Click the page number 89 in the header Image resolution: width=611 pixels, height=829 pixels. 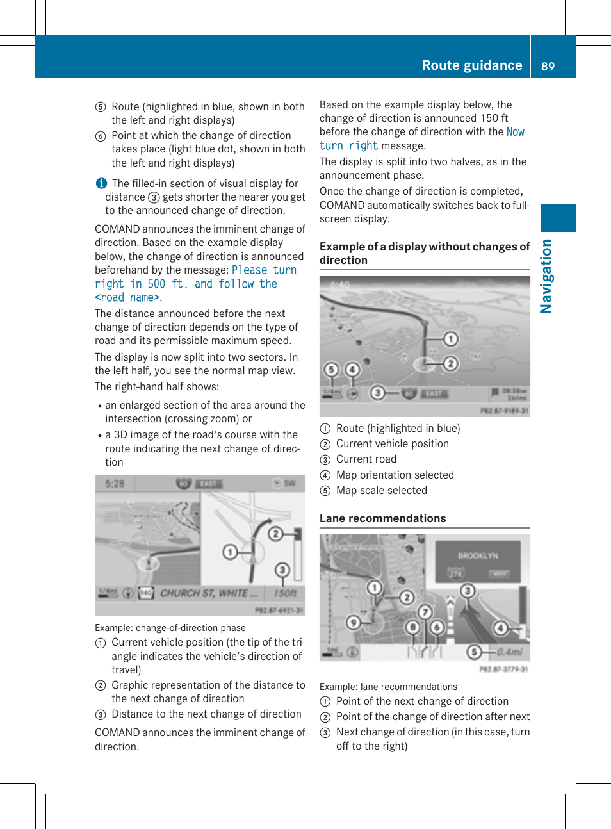548,66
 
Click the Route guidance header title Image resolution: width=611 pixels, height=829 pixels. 471,65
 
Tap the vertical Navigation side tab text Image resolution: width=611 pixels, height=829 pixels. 546,276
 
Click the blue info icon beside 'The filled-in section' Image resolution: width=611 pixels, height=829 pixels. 101,183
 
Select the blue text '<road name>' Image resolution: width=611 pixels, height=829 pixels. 127,298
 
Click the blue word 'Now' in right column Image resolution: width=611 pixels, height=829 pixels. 515,132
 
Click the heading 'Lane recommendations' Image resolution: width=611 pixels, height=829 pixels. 382,518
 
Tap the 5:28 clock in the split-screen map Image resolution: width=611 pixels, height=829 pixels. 115,484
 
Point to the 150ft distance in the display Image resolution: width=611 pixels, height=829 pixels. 285,593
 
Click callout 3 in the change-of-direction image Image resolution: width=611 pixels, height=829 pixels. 282,570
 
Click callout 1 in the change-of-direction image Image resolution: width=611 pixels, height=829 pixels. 230,552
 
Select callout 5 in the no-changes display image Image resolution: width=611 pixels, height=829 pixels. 330,369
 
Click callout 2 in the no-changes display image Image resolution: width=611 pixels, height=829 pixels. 450,363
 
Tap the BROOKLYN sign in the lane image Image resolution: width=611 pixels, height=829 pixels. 477,555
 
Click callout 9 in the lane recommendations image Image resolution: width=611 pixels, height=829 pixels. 353,621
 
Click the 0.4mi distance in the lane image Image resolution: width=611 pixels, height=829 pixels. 510,652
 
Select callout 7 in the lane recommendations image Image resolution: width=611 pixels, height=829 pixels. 425,612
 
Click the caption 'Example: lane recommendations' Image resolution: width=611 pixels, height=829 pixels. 388,687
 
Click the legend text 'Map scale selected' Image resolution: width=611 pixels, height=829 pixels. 381,491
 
